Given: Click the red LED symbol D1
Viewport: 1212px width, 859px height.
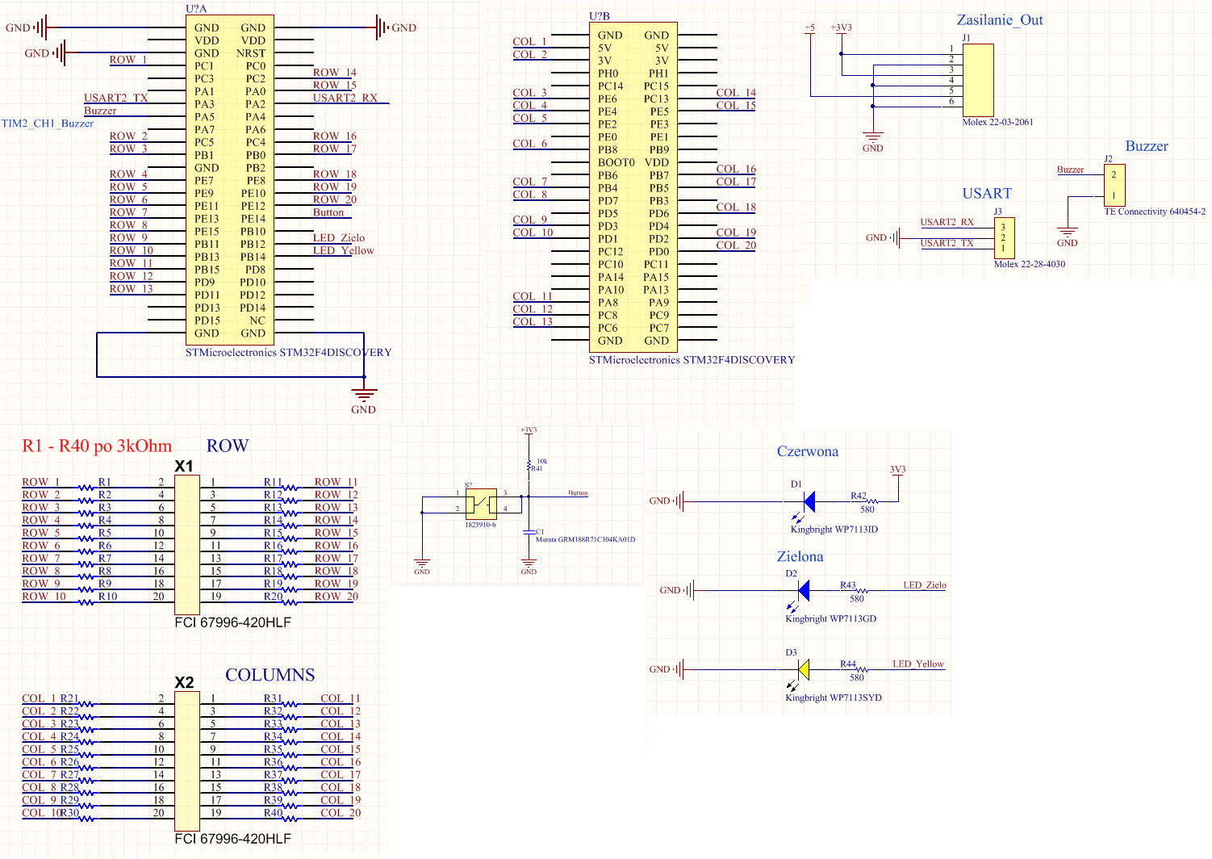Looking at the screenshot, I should point(808,502).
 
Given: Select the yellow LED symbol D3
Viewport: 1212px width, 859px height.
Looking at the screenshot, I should point(803,669).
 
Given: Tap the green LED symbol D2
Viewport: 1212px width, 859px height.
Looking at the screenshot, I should point(803,591).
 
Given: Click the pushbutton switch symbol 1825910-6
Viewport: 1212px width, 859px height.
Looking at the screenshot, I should point(481,503).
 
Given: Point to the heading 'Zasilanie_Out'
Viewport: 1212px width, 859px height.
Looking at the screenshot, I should point(999,20).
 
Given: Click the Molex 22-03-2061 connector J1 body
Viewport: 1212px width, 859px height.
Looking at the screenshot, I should point(978,80).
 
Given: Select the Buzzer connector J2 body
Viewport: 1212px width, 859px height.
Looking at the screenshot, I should point(1114,185).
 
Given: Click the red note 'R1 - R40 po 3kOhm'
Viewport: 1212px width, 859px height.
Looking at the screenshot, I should point(97,446).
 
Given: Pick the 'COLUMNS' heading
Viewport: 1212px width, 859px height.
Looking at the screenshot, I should point(270,675).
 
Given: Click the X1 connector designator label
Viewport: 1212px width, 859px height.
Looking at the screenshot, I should point(184,467).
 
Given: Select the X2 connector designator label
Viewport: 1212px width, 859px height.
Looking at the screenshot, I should point(184,683).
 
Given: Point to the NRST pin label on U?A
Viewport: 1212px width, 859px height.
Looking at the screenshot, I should point(251,53).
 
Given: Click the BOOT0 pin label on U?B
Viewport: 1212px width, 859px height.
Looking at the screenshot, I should point(616,162).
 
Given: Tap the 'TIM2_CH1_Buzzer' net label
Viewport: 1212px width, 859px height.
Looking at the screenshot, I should point(48,124).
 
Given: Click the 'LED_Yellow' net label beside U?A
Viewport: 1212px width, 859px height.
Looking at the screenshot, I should point(343,250).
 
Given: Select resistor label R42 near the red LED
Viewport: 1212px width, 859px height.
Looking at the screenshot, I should point(858,496).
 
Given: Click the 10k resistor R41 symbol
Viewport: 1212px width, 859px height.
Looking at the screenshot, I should point(529,467).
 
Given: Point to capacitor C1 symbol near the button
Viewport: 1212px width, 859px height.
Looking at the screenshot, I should point(529,533).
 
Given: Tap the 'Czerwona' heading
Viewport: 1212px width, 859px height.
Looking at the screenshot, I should point(807,451).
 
